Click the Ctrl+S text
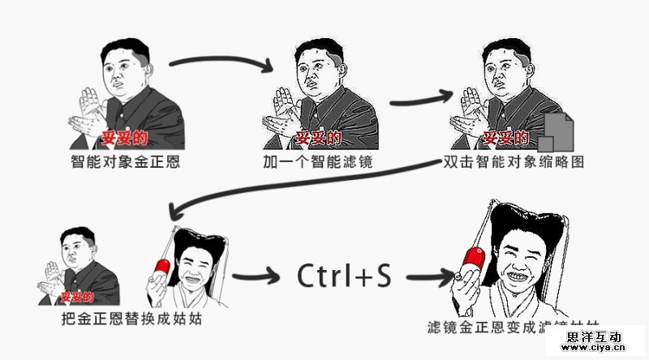[344, 276]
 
